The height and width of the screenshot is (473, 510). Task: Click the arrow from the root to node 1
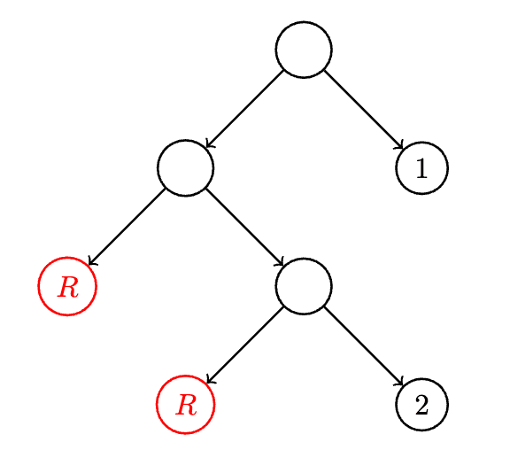tap(364, 110)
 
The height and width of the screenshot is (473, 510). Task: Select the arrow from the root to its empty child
tap(245, 109)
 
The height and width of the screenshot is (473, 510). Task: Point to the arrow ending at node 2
tap(364, 346)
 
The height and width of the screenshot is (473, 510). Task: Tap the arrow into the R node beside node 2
tap(245, 345)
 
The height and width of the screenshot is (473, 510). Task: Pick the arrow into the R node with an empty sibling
tap(127, 227)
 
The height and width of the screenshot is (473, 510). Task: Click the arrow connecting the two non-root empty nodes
tap(245, 227)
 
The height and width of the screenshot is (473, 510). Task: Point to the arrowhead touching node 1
tap(400, 146)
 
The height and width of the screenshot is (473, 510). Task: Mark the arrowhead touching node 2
tap(400, 383)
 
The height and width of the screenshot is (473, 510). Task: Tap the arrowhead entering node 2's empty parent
tap(281, 263)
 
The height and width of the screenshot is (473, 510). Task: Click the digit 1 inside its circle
tap(421, 168)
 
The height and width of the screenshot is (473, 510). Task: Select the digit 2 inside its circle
tap(421, 405)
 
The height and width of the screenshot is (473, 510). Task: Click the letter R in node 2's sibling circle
tap(186, 405)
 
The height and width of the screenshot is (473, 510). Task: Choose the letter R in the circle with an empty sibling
tap(67, 287)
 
